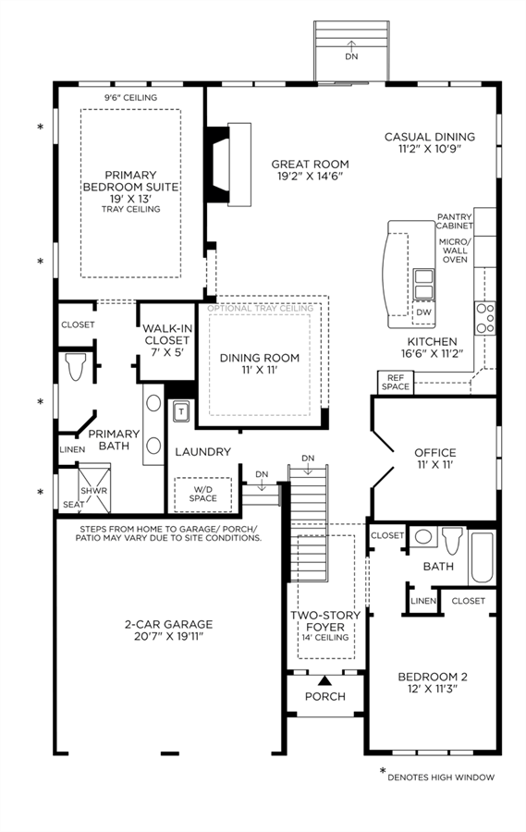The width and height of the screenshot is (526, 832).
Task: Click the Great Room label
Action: (x=310, y=170)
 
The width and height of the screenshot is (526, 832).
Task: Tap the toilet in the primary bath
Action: (x=76, y=367)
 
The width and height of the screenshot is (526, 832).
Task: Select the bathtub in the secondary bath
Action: (x=482, y=557)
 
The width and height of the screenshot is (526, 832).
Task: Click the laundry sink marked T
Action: (x=181, y=411)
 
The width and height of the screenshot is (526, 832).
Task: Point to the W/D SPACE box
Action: (x=203, y=494)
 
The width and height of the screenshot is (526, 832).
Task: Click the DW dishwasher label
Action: (x=423, y=312)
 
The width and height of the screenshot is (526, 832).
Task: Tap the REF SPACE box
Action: (x=396, y=382)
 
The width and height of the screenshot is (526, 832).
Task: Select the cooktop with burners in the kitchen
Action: (x=485, y=318)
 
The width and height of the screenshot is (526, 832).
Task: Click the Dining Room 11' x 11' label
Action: (x=260, y=363)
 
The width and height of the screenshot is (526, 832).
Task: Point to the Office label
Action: (x=435, y=459)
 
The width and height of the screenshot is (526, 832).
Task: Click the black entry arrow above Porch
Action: (x=324, y=680)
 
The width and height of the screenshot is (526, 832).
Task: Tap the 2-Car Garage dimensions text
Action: (x=169, y=636)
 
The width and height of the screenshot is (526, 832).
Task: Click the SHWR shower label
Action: (x=94, y=491)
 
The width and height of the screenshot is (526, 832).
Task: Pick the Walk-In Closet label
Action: (x=167, y=340)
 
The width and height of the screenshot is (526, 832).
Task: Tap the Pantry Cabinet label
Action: (x=454, y=221)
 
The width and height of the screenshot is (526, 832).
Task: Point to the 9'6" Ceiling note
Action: (x=130, y=98)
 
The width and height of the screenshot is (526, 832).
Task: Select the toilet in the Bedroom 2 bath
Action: (x=452, y=541)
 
